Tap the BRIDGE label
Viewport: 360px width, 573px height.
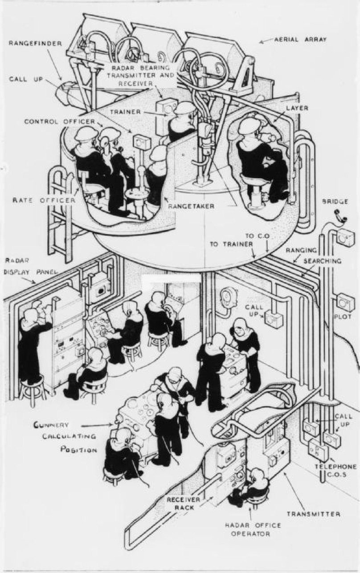click(x=337, y=202)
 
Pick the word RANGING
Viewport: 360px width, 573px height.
click(x=301, y=250)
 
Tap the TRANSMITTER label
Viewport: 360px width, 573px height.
click(x=314, y=514)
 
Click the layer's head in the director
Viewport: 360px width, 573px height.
click(x=248, y=127)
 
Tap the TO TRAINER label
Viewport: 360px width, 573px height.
click(x=231, y=244)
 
